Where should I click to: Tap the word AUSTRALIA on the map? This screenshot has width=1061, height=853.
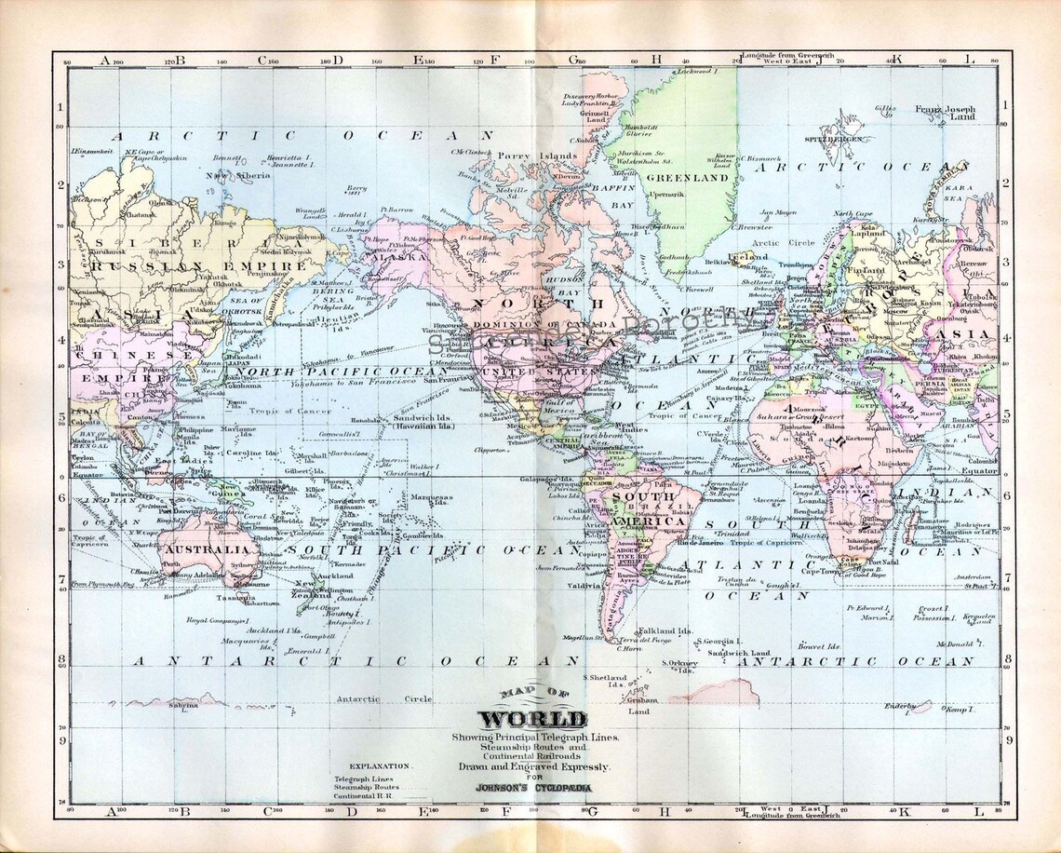tap(196, 550)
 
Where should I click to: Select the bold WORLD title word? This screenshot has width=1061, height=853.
tap(532, 720)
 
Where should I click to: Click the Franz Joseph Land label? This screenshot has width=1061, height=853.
tap(944, 113)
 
